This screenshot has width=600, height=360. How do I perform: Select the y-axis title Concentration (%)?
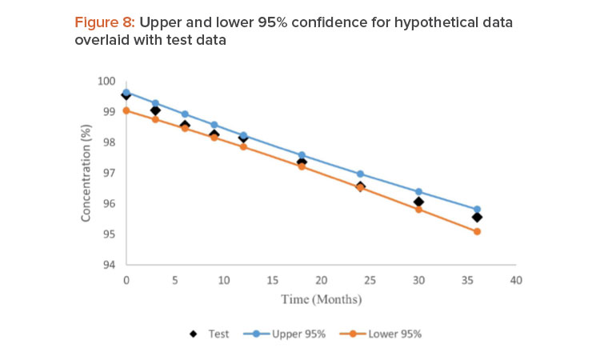[86, 173]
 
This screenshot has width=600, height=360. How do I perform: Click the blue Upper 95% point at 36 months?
[477, 210]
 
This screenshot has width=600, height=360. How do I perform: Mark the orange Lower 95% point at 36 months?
[477, 231]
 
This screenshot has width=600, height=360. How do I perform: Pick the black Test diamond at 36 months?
[477, 217]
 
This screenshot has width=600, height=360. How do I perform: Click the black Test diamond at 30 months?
[418, 202]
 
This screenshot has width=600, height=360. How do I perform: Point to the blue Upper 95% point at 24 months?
[360, 174]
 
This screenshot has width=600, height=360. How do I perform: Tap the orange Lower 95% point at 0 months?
[126, 110]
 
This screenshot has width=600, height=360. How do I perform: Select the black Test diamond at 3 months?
[155, 110]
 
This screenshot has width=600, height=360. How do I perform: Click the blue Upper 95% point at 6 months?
[185, 114]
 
